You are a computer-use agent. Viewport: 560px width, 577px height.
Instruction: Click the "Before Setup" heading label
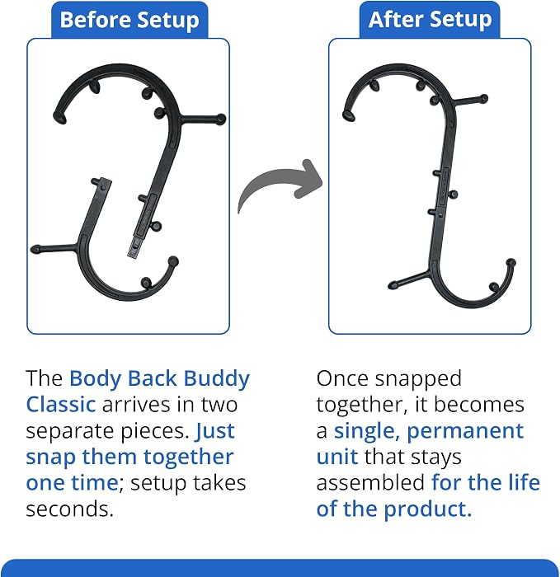coord(129,21)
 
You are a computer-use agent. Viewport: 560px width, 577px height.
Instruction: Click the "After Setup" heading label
coord(430,20)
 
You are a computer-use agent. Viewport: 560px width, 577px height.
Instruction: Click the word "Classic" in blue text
coord(61,405)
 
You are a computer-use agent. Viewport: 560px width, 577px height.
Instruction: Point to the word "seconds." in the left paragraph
coord(69,509)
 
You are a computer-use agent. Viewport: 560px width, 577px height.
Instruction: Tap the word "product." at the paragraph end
coord(428,509)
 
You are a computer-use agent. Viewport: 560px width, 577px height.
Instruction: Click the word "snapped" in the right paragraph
coord(418,380)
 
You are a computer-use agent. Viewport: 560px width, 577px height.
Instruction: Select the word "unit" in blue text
coord(336,457)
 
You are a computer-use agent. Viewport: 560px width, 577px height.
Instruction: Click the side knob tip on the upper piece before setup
coord(221,120)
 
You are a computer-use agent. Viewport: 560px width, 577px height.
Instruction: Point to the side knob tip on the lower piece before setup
coord(35,249)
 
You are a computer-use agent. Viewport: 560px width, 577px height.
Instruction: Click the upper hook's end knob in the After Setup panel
coord(348,115)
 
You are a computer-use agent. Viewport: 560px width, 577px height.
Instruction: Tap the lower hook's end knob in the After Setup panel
coord(511,263)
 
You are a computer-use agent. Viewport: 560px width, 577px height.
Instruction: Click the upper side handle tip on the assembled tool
coord(484,98)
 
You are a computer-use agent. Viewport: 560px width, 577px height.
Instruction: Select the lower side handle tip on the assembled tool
coord(393,284)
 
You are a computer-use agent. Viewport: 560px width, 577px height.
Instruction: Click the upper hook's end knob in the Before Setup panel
coord(60,117)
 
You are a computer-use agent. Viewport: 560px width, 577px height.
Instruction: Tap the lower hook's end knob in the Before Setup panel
coord(173,261)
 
